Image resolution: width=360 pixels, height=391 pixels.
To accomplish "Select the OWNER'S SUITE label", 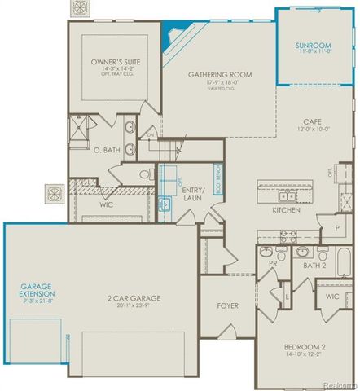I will (115, 61).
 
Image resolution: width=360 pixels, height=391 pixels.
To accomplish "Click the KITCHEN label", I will (286, 210).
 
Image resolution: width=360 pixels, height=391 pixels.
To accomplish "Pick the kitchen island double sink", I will (286, 196).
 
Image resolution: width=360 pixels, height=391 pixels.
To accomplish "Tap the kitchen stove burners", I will (288, 235).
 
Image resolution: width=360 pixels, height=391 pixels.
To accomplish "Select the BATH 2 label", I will (315, 266).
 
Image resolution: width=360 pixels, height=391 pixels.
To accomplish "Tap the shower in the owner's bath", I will (81, 130).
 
